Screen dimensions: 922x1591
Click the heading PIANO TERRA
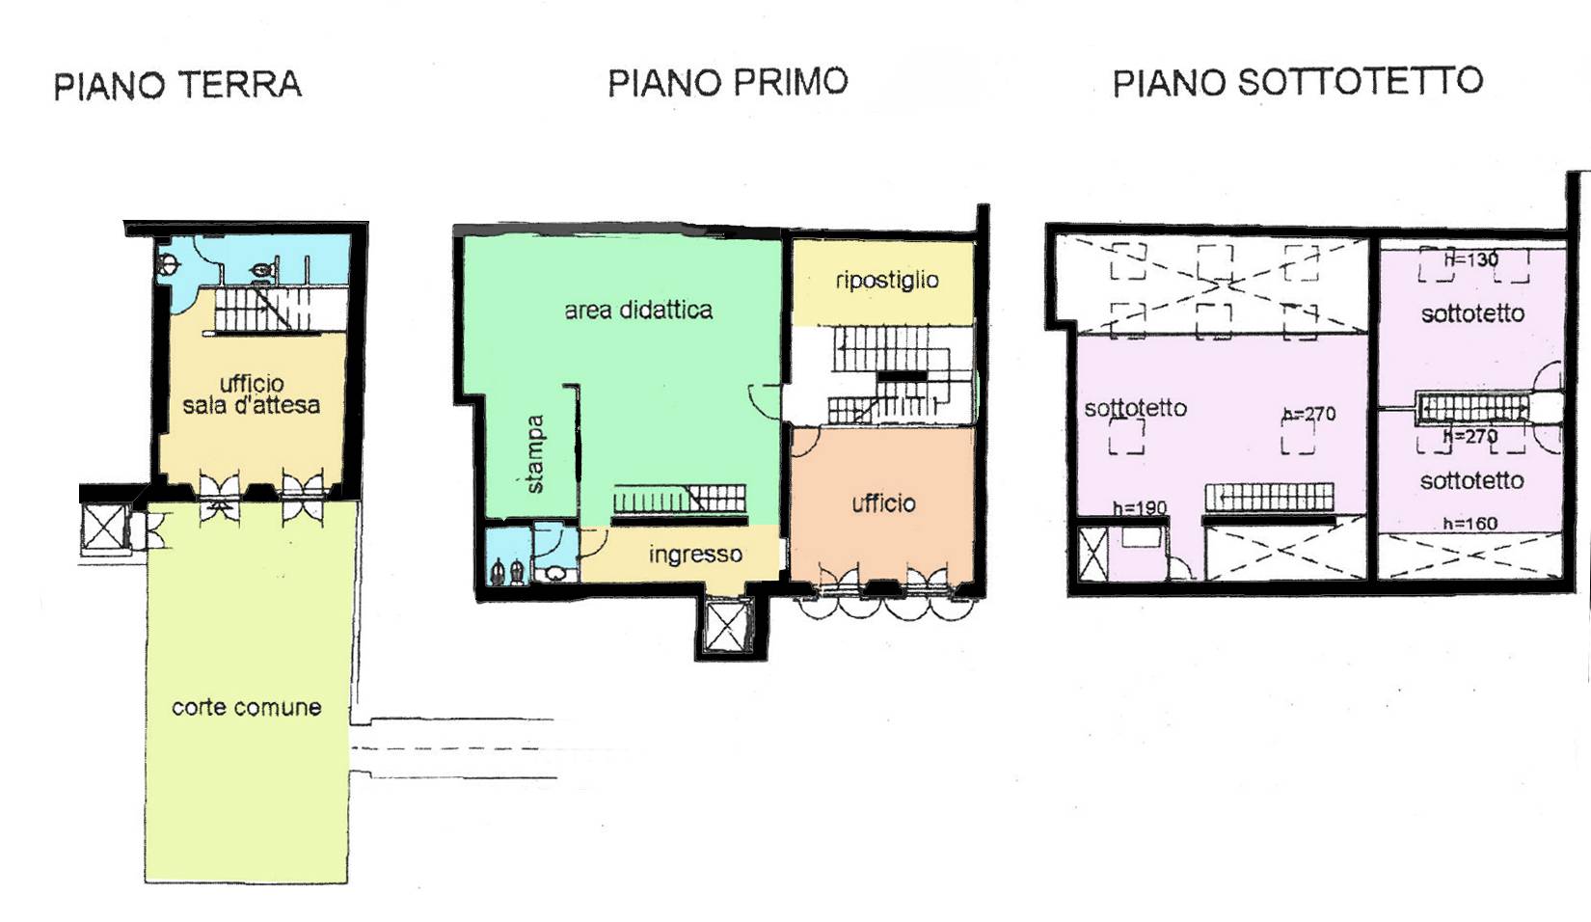[177, 85]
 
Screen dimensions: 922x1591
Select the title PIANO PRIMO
[727, 82]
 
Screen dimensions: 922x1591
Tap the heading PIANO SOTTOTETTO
[1297, 82]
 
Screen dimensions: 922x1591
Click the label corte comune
[246, 707]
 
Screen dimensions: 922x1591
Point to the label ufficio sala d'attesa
[251, 394]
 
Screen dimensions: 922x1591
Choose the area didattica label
[638, 310]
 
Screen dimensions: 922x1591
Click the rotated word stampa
[535, 454]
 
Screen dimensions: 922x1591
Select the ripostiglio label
[886, 280]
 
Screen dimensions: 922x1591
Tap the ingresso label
[695, 555]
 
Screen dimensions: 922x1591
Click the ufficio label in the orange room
[883, 502]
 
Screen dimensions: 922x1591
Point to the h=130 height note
[1471, 258]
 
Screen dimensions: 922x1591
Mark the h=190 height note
[1139, 508]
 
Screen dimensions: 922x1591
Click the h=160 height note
[1470, 524]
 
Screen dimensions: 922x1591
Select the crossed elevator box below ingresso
[728, 627]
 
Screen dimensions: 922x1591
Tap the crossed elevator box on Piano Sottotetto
[1092, 555]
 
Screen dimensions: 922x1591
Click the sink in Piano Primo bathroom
[556, 574]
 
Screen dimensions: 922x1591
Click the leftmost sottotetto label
[1135, 408]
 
